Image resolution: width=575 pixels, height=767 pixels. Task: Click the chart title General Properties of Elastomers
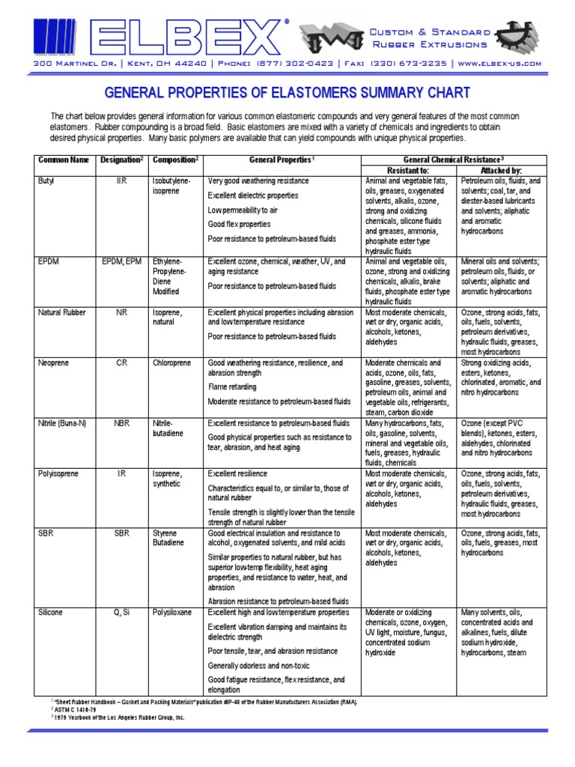(x=287, y=94)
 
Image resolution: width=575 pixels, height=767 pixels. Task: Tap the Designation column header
(x=121, y=160)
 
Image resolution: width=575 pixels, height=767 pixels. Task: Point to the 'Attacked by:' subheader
(x=501, y=171)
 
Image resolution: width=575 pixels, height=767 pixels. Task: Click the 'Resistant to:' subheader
(x=408, y=171)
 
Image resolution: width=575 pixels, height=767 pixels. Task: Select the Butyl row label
(x=46, y=182)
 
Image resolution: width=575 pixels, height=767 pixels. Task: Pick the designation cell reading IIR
(x=121, y=182)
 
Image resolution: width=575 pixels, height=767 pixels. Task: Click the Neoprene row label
(x=53, y=363)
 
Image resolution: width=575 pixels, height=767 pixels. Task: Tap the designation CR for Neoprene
(x=121, y=363)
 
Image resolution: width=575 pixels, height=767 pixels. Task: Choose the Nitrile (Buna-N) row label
(x=62, y=423)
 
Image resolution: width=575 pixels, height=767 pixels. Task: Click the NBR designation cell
(x=121, y=423)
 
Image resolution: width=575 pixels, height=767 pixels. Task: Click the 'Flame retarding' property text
(x=232, y=387)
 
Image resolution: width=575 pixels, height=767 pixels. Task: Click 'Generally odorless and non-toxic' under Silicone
(x=258, y=665)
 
